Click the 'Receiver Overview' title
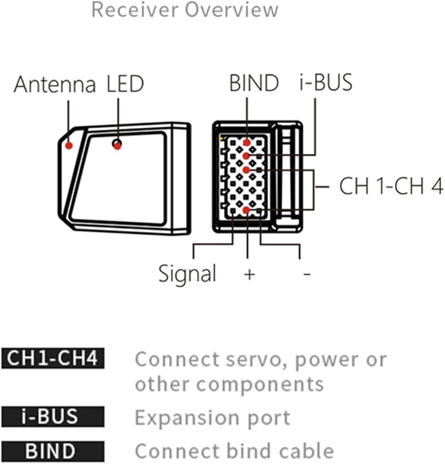tap(185, 9)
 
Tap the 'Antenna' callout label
tap(55, 84)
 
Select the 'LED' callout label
tap(125, 84)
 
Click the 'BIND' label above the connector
tap(254, 83)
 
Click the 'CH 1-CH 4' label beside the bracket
tap(391, 186)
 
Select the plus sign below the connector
tap(249, 274)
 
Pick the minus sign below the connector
tap(307, 274)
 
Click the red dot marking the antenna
tap(69, 145)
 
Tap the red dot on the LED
tap(118, 146)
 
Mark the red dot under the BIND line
tap(247, 142)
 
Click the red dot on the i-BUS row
tap(246, 156)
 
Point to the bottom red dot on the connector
tap(246, 210)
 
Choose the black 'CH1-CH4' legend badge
tap(53, 358)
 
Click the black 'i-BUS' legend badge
tap(53, 417)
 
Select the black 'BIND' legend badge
tap(53, 451)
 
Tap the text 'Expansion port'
tap(212, 419)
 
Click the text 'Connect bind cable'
tap(235, 451)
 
